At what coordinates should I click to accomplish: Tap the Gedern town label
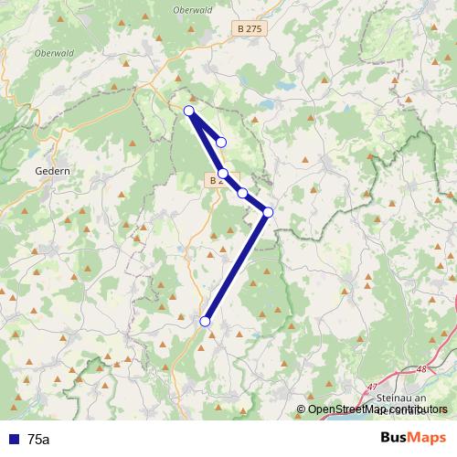tap(51, 170)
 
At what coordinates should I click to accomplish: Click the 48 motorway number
tap(421, 370)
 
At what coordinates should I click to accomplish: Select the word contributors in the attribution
tap(420, 409)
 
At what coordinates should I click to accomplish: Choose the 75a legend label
tap(39, 440)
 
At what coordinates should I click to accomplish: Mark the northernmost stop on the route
tap(189, 111)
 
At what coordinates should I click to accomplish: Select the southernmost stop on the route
tap(206, 321)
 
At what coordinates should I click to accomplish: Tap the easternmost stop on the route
tap(268, 212)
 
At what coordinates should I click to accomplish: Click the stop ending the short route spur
tap(221, 142)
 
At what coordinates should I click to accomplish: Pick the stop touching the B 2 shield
tap(223, 173)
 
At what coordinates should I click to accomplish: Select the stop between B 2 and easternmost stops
tap(242, 193)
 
